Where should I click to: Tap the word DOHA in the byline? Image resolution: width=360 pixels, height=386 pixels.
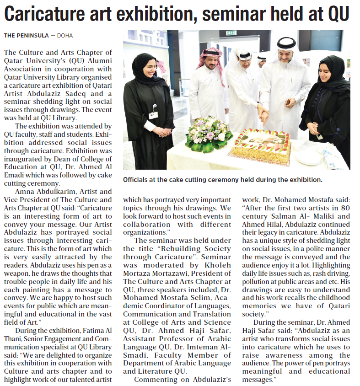(64, 36)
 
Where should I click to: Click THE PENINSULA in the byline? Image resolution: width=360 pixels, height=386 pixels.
(24, 36)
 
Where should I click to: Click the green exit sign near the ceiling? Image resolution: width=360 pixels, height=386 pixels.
(231, 33)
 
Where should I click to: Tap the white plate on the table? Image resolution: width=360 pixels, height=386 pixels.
(307, 157)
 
